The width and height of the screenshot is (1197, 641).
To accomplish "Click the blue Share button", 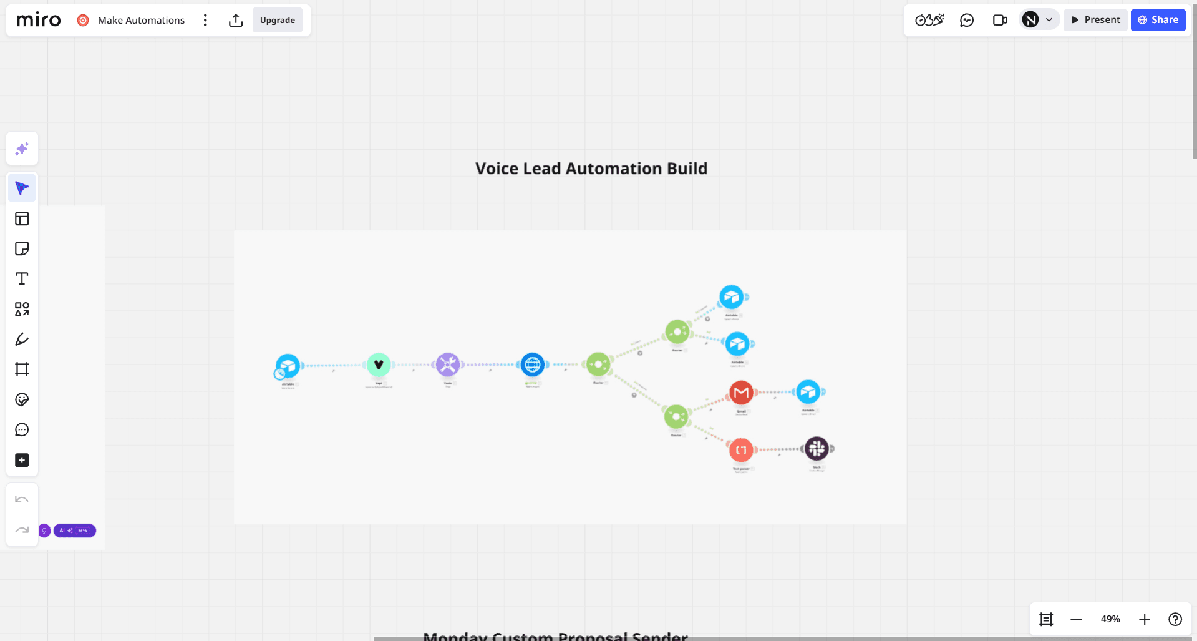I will coord(1158,20).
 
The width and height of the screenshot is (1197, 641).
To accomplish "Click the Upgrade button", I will coord(277,20).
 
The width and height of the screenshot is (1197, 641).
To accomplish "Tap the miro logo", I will coord(39,20).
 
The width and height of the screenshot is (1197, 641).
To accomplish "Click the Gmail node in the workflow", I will coord(741,393).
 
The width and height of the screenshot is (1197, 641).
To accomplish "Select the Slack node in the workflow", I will coord(817,448).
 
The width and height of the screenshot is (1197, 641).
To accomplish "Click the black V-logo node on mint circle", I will coord(379,365).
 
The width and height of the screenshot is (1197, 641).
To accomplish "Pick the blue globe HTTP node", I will coord(532,365).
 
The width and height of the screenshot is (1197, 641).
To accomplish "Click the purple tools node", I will coord(448,365).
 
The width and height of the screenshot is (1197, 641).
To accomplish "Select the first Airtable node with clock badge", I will coord(288,366).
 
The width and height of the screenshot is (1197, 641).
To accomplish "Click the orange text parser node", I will coord(741,449).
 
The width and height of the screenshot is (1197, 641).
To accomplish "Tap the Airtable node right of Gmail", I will coord(808,392).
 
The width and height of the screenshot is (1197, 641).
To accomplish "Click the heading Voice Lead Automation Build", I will coord(591,169).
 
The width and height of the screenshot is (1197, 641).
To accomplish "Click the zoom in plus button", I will coord(1144,619).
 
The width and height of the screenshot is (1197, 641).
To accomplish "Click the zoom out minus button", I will coord(1076,619).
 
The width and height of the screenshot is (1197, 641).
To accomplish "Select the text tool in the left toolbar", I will coord(22,279).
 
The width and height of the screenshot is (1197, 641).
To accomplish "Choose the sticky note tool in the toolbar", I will coord(22,249).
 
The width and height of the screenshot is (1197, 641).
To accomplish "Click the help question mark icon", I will coord(1175,619).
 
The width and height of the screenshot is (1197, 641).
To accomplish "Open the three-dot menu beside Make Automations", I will coord(205,20).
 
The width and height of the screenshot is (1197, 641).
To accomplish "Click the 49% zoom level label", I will coord(1110,619).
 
